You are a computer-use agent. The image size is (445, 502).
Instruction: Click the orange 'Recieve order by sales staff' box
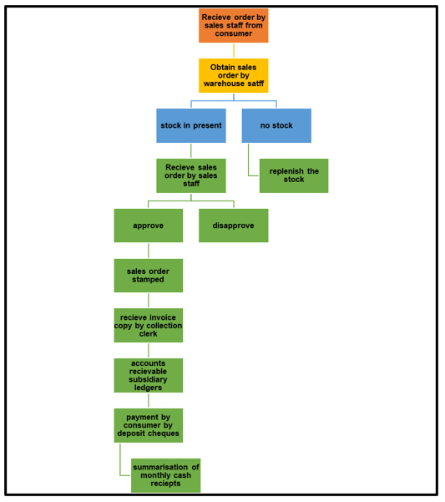point(234,26)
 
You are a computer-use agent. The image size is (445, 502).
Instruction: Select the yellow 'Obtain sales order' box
point(234,75)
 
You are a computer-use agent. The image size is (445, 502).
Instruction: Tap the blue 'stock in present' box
point(191,125)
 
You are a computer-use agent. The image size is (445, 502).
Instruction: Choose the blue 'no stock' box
point(276,125)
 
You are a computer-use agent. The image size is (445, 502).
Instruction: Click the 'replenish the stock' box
point(294,175)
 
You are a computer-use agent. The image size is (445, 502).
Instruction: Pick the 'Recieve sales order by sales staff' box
point(191,175)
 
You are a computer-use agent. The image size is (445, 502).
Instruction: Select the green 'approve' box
point(149,226)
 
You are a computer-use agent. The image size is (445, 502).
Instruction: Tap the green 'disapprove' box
point(234,226)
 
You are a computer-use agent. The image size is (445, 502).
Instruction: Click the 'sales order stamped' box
point(149,276)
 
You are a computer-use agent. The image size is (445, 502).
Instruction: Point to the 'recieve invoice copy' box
point(149,325)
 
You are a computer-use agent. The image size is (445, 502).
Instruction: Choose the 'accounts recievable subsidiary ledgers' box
point(149,375)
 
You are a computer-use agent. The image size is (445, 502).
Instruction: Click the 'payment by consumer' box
point(149,425)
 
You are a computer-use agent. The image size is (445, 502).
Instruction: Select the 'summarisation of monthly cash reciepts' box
point(165,475)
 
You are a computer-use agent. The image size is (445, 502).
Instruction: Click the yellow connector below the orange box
point(234,51)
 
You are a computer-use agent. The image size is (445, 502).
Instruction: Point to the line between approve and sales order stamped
point(149,251)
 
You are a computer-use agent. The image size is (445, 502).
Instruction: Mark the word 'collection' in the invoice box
point(164,326)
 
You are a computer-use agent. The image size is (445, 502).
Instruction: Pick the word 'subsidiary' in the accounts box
point(148,380)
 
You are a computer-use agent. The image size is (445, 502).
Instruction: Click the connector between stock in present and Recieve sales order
point(191,151)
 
